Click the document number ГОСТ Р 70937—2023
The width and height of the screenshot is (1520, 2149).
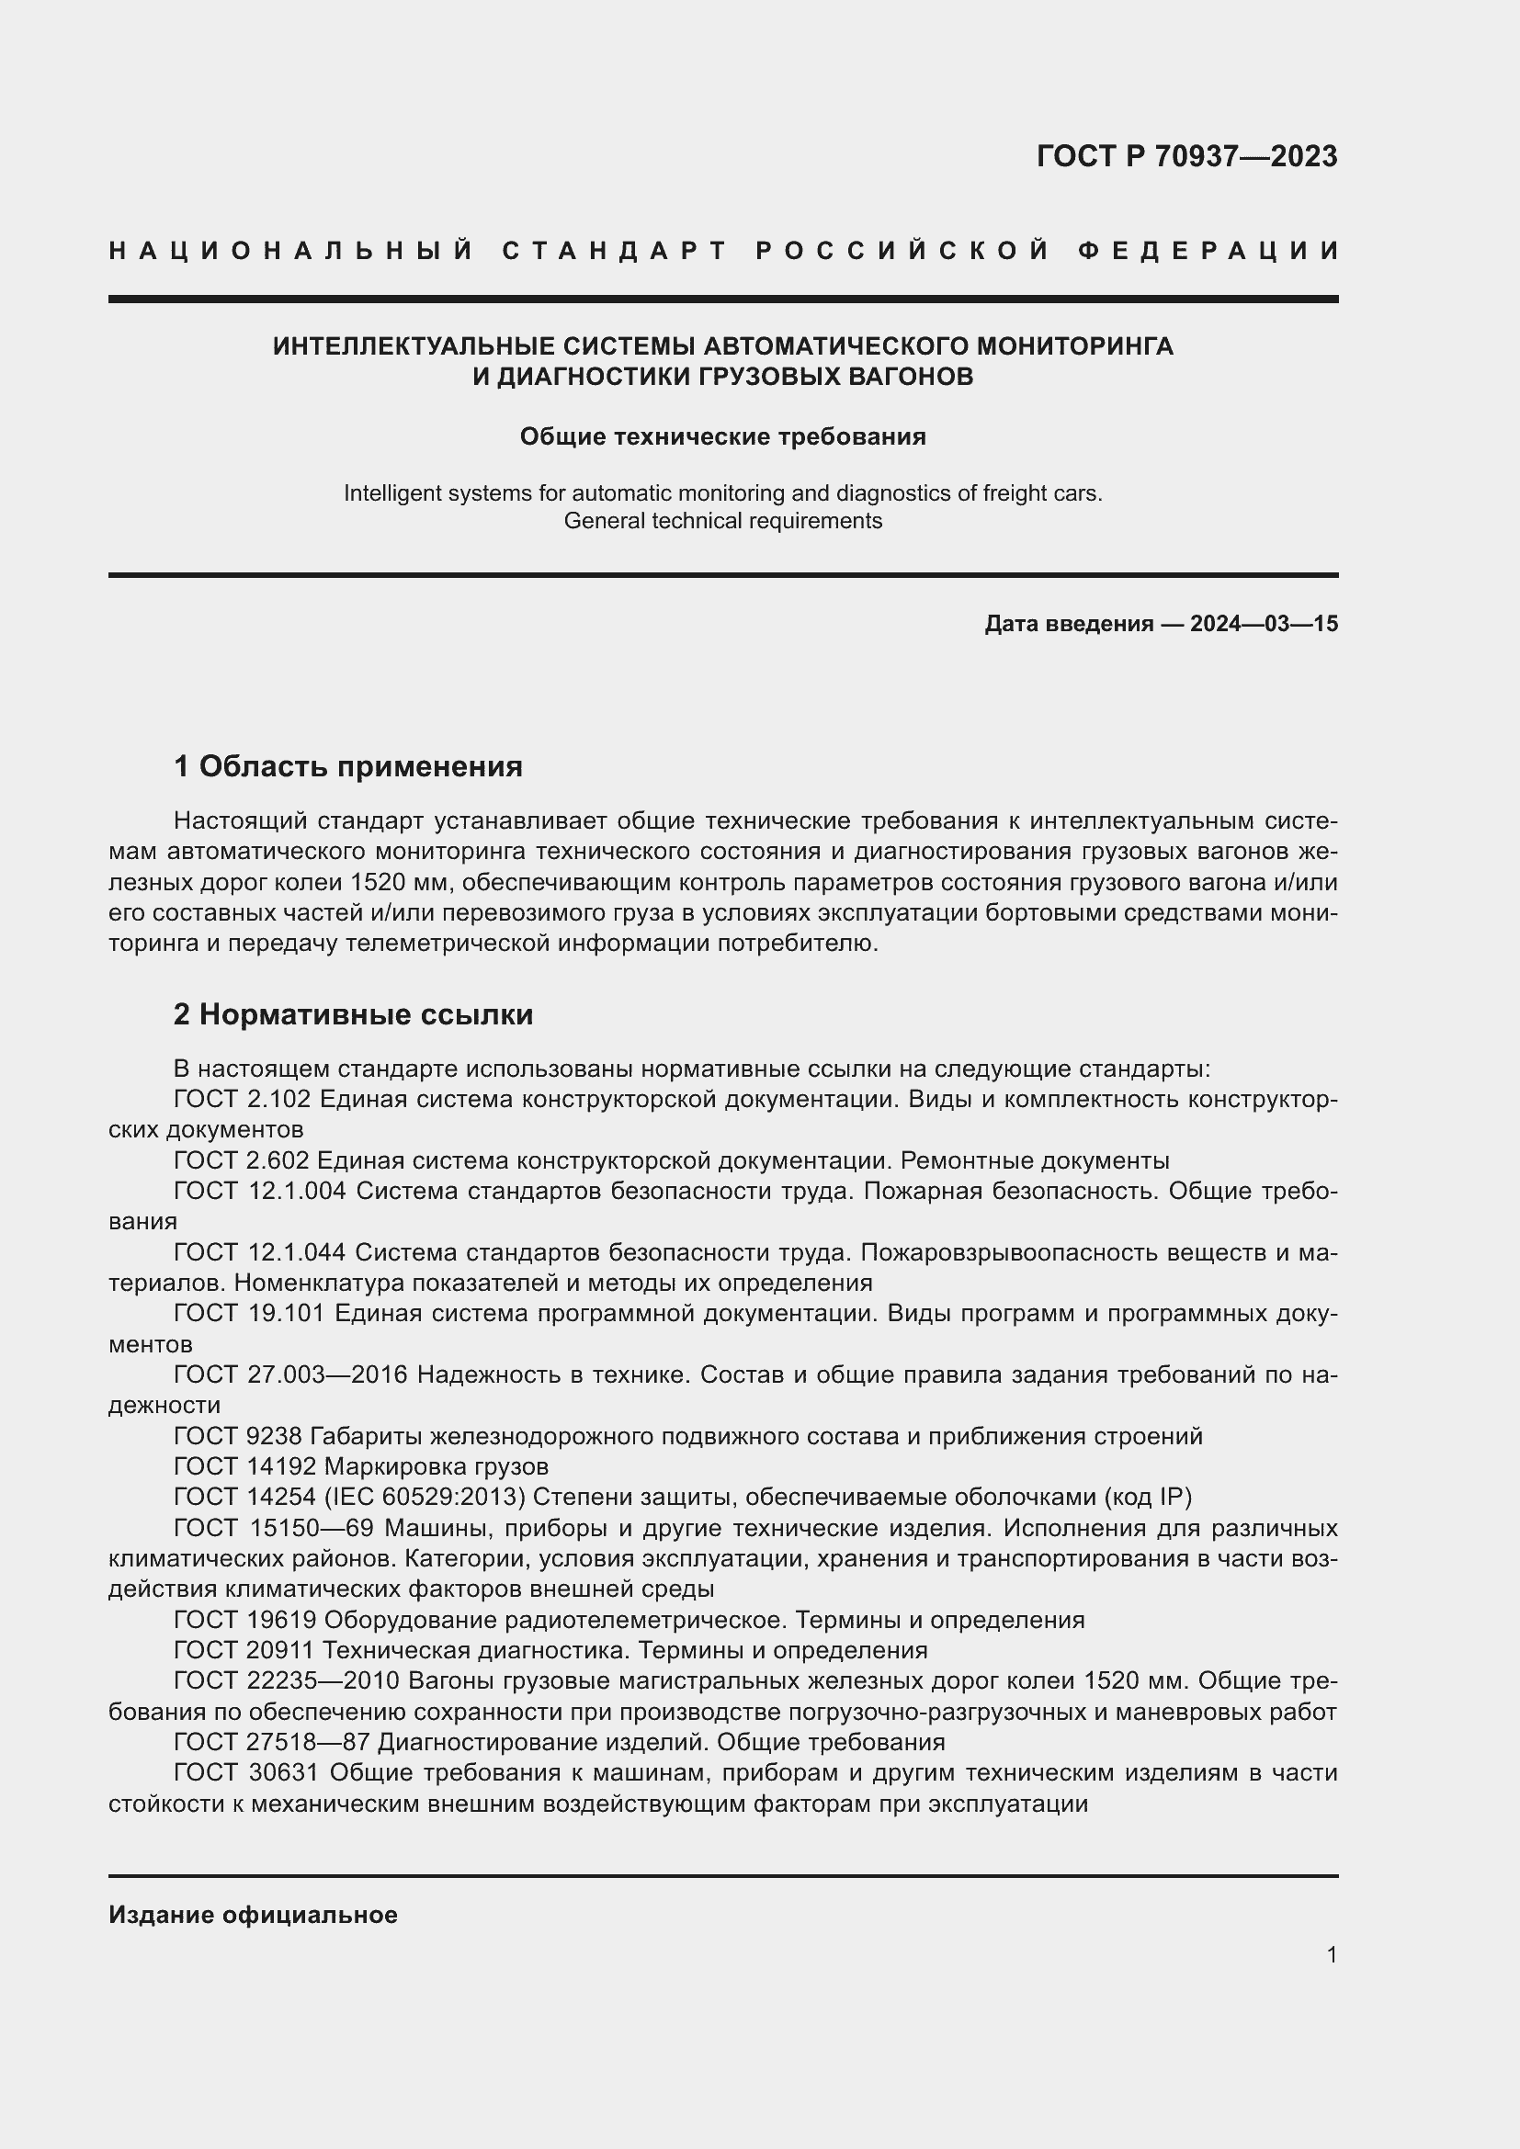point(1186,156)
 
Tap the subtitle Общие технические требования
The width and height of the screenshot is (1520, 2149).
point(722,437)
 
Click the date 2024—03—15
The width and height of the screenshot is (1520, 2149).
point(1264,624)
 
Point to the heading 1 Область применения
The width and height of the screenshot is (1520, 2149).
point(348,766)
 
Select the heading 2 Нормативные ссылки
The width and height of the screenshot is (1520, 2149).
point(353,1014)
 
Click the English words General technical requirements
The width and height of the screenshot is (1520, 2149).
point(722,521)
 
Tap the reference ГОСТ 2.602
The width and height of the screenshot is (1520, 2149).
point(242,1160)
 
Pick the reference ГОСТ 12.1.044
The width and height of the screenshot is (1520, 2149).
point(259,1252)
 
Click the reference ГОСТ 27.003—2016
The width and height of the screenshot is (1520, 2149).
point(291,1375)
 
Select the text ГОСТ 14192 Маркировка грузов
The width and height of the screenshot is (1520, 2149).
point(361,1466)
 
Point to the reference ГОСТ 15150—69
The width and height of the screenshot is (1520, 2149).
point(274,1529)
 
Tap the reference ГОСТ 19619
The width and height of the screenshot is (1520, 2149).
point(245,1620)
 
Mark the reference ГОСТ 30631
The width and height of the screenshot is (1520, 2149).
point(247,1772)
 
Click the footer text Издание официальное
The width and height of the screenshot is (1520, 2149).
point(253,1915)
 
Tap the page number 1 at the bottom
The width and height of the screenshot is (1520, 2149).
point(1331,1955)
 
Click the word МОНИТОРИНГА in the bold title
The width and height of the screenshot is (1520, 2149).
point(1074,346)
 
